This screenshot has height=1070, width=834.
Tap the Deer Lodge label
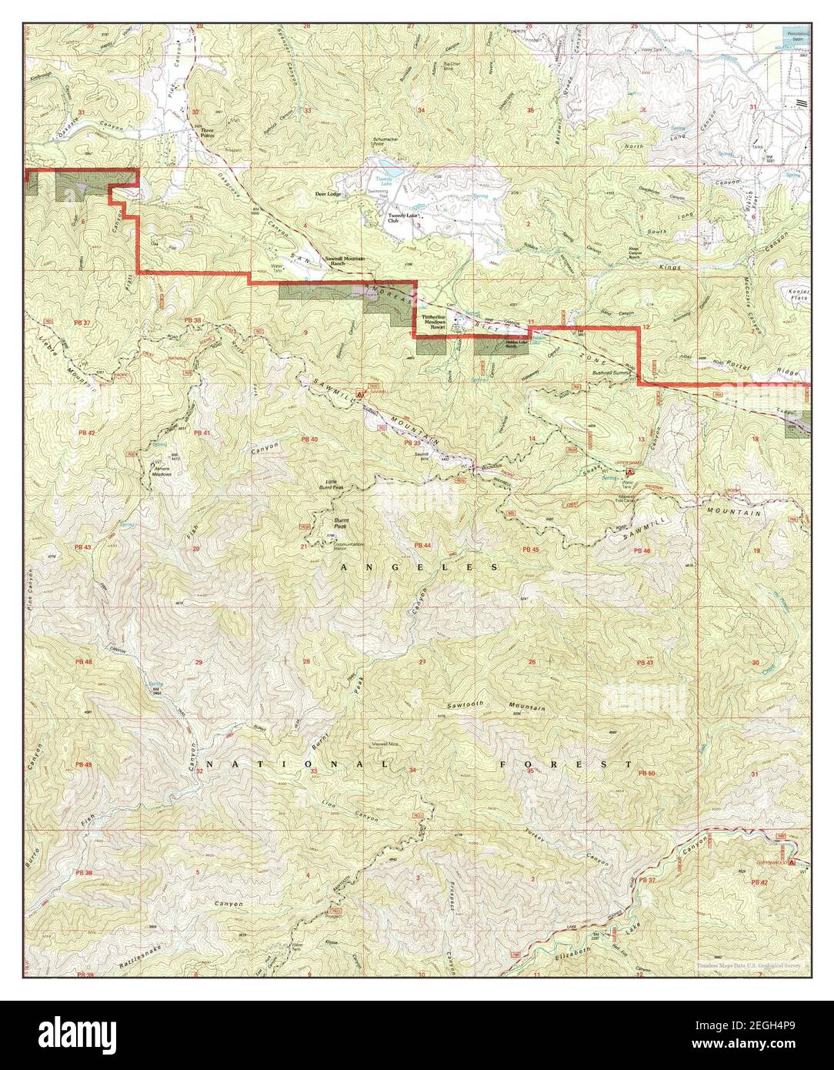[x=328, y=195]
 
